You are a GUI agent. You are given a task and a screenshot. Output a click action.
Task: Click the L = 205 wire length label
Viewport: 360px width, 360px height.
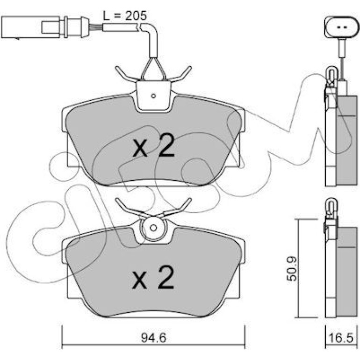click(x=125, y=15)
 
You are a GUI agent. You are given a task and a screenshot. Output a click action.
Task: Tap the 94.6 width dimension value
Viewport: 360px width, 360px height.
click(x=153, y=338)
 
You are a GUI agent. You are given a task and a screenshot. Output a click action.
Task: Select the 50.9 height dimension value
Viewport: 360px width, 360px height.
click(x=292, y=269)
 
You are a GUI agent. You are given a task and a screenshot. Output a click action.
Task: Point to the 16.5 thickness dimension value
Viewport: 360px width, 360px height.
click(x=340, y=338)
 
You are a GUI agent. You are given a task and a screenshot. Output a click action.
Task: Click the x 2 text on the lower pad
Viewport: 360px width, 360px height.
click(x=153, y=277)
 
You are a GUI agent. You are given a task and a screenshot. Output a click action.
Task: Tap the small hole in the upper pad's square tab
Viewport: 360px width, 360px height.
click(x=154, y=96)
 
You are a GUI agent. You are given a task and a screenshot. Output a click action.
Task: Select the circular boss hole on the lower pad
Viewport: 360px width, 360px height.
click(x=153, y=228)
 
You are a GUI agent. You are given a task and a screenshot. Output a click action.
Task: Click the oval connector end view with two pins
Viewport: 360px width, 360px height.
click(x=341, y=27)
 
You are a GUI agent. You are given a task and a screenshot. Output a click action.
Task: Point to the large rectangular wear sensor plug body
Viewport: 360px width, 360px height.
click(x=30, y=27)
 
